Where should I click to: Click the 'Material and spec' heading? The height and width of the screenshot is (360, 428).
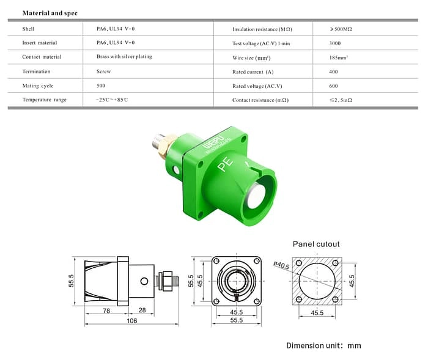coord(50,13)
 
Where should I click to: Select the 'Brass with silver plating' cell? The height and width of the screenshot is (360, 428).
coord(124,57)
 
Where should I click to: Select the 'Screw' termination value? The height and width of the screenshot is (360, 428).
coord(103,72)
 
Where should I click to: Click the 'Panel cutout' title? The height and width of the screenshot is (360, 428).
coord(316,244)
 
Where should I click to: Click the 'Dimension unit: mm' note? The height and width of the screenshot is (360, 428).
coord(323,345)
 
